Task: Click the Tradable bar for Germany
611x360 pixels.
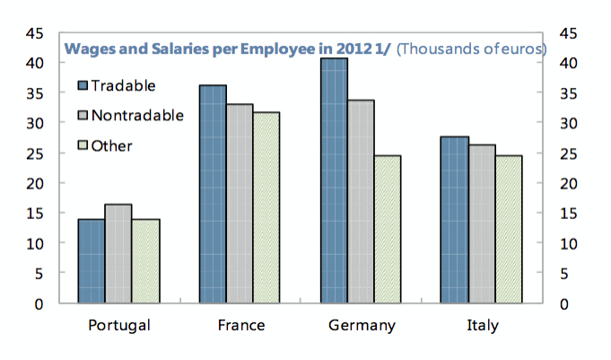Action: pos(334,180)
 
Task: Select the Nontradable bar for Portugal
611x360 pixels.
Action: pos(118,254)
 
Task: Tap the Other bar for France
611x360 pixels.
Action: pos(266,207)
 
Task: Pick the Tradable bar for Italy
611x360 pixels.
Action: pos(455,220)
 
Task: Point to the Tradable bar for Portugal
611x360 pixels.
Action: pos(91,261)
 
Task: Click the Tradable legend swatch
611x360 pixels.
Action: pos(84,86)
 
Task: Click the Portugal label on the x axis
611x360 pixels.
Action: pos(118,325)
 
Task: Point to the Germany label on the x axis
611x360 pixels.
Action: pos(361,325)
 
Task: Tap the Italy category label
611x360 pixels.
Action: pos(482,325)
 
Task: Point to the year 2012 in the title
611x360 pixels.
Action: pos(342,48)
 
